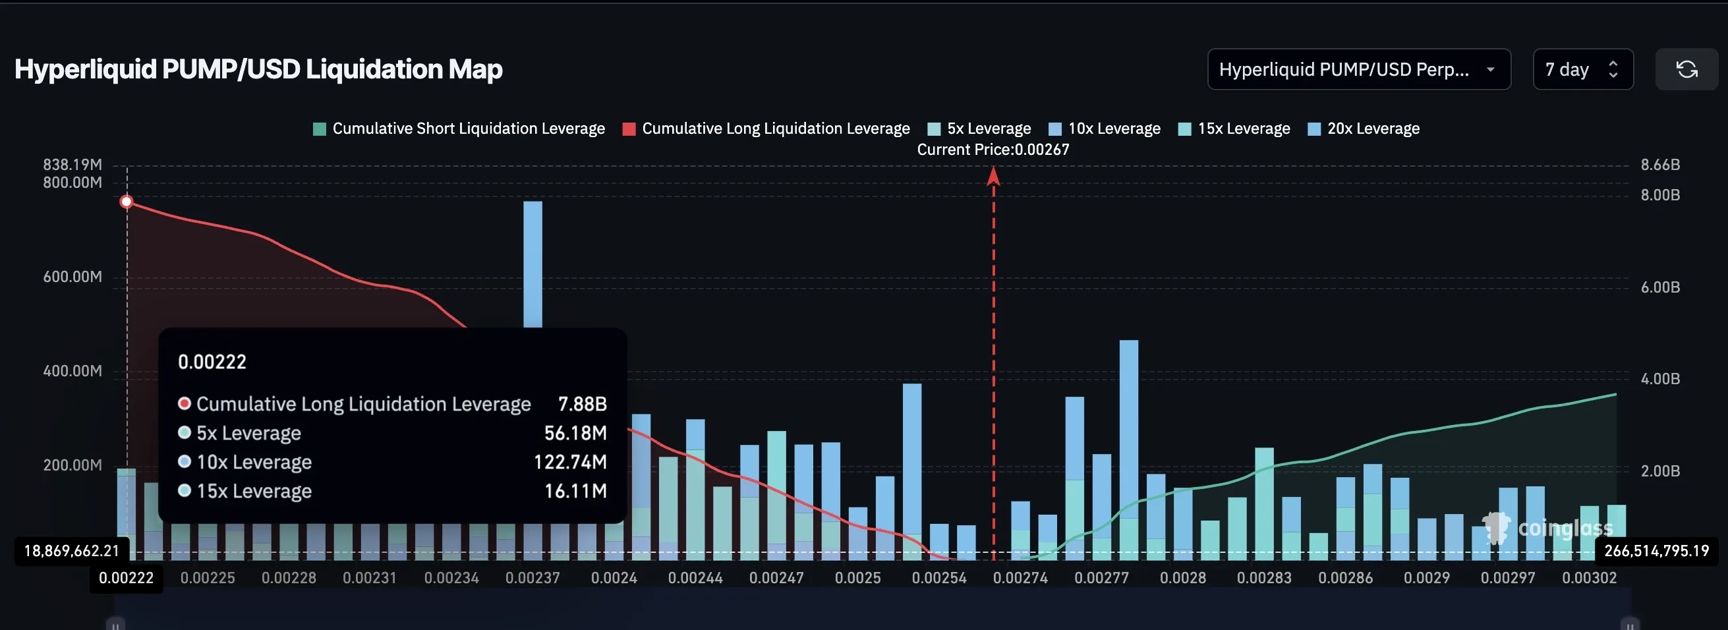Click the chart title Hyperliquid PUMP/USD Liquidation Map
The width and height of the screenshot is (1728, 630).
[x=258, y=69]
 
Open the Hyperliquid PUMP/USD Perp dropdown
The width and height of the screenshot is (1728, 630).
[x=1358, y=69]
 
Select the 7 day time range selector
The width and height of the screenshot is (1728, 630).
[x=1582, y=69]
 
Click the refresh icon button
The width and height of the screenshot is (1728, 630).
[x=1686, y=69]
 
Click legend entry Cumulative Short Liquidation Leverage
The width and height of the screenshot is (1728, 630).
[x=459, y=128]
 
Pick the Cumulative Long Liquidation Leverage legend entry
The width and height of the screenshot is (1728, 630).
[x=766, y=128]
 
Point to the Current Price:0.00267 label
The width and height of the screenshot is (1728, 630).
[x=993, y=150]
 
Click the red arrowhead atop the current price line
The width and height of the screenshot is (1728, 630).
[x=993, y=177]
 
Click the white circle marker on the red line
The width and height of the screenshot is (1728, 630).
[x=126, y=202]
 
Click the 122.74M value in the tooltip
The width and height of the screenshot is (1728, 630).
[x=569, y=462]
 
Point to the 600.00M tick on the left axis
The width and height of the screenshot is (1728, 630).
[x=72, y=277]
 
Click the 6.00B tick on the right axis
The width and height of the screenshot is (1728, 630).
[x=1659, y=287]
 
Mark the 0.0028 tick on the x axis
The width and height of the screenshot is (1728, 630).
[x=1182, y=578]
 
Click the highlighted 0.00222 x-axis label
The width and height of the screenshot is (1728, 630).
[x=126, y=578]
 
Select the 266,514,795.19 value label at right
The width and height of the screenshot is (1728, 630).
[x=1656, y=551]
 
